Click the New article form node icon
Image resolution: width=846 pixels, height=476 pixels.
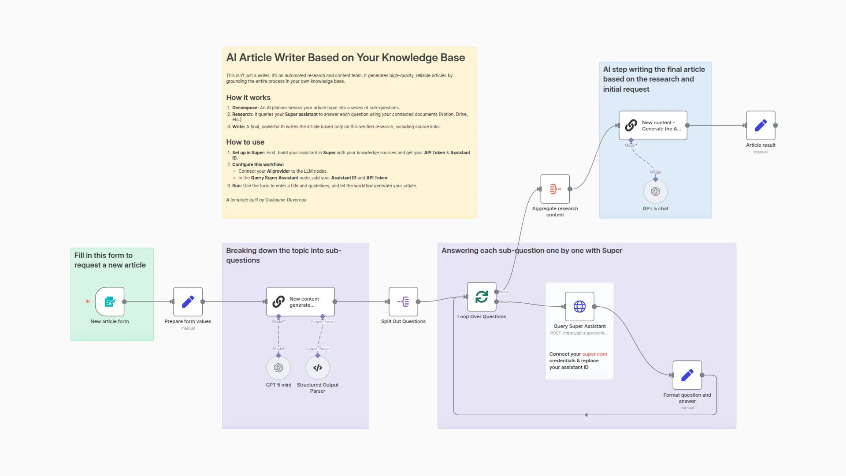coord(110,301)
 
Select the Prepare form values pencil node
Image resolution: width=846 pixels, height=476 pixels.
coord(188,301)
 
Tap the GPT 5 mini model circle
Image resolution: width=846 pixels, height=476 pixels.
coord(278,368)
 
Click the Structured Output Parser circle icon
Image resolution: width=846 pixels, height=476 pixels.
coord(318,368)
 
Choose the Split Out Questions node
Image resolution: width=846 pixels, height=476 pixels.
coord(403,301)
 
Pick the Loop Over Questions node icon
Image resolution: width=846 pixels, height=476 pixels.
coord(482,297)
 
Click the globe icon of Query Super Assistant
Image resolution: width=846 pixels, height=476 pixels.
coord(579,306)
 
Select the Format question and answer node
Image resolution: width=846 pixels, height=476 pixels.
coord(687,375)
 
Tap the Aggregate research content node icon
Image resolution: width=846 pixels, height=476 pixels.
coord(555,189)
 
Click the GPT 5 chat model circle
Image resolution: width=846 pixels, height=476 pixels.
coord(655,191)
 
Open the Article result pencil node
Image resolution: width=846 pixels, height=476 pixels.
coord(761,125)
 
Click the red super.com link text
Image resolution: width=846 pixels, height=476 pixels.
coord(594,354)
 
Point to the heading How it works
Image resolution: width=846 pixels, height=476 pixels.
coord(248,97)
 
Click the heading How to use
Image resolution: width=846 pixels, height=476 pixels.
coord(245,142)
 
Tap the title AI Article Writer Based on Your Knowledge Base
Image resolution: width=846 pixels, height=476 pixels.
coord(345,58)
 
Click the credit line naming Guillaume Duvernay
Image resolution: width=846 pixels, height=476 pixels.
coord(266,200)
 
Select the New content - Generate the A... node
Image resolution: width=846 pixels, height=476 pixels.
coord(653,125)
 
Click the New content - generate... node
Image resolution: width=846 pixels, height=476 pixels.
coord(300,301)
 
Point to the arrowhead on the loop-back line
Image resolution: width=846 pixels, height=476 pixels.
coord(586,415)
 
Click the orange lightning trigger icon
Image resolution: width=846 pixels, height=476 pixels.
coord(88,301)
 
